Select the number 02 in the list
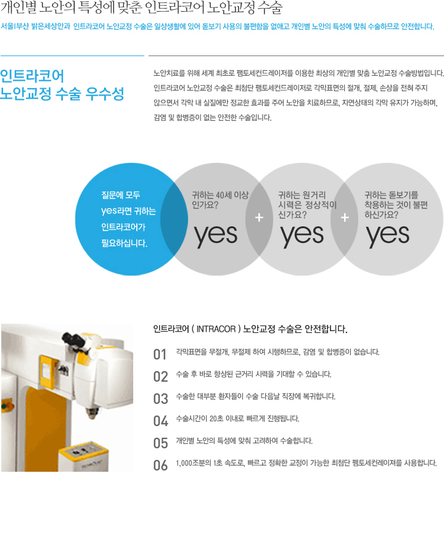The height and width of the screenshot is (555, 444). [160, 376]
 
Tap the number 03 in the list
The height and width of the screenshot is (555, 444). [160, 398]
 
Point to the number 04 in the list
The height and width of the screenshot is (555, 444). [160, 421]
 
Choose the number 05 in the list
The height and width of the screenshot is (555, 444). [160, 443]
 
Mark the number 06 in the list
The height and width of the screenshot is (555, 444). [160, 465]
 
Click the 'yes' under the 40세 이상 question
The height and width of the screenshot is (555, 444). [215, 235]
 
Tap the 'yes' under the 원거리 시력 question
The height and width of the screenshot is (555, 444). [302, 235]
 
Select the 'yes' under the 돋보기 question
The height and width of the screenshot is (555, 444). [388, 235]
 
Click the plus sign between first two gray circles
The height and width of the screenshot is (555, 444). [259, 218]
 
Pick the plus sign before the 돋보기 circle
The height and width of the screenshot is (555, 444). [345, 218]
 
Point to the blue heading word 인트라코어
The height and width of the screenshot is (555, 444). [32, 76]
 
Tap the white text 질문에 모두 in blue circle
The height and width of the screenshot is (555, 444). [121, 195]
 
